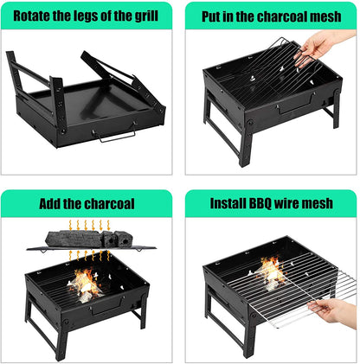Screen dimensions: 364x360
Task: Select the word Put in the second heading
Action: click(x=213, y=16)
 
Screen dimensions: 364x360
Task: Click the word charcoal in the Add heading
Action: click(x=107, y=204)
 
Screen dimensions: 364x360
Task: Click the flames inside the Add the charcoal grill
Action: click(x=85, y=283)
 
